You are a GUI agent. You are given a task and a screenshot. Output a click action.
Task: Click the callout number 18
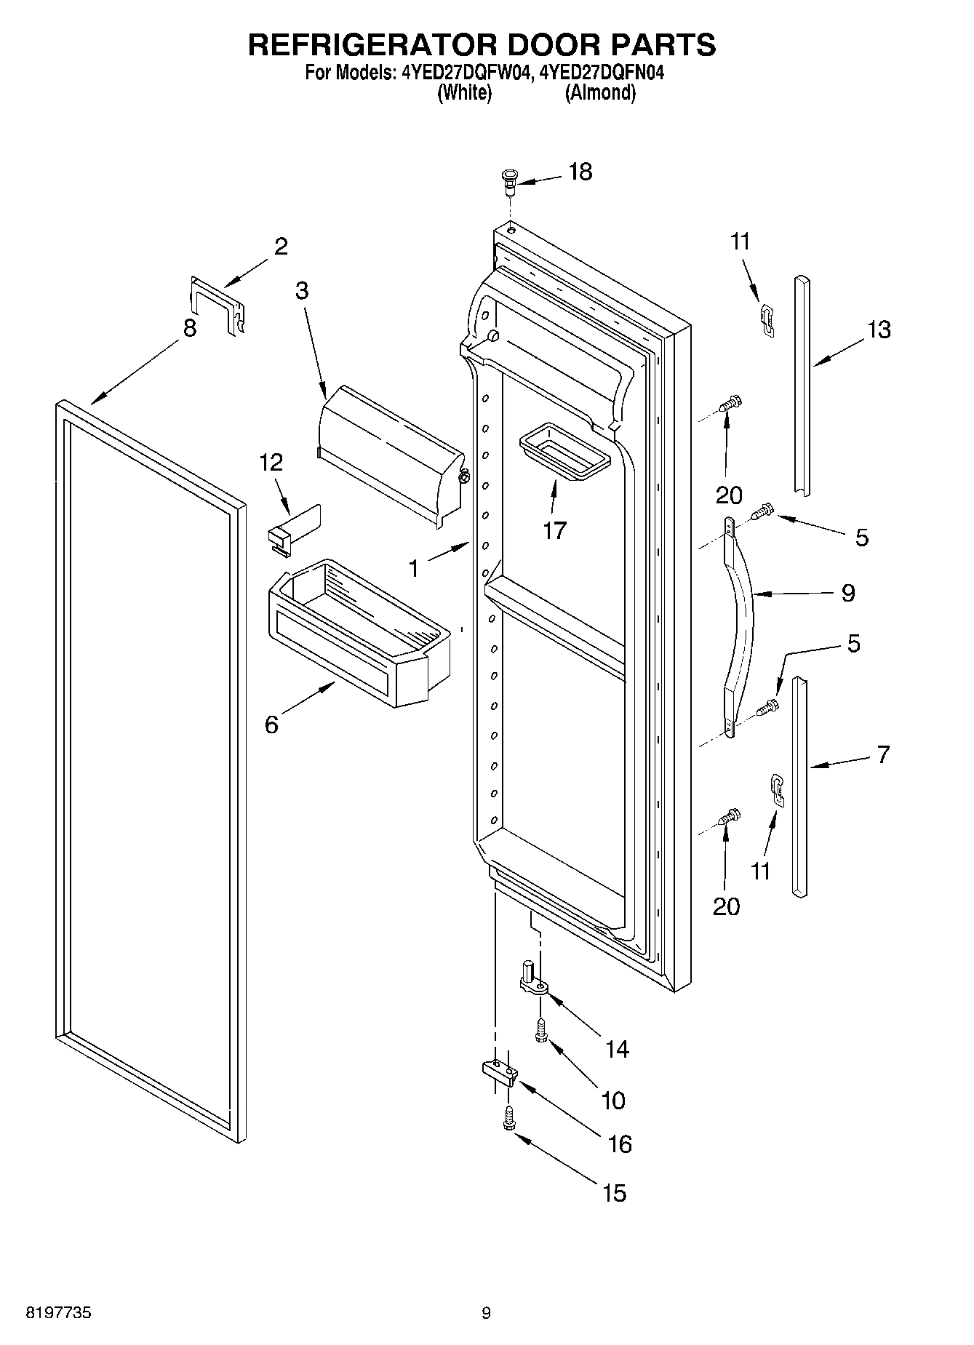580,172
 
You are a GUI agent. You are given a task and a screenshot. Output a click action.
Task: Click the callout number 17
554,530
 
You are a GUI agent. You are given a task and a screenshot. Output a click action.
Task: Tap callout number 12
271,462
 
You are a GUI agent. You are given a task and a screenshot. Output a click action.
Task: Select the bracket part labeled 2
216,305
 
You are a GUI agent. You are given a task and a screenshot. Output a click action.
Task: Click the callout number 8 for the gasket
190,328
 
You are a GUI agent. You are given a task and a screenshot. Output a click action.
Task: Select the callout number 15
615,1193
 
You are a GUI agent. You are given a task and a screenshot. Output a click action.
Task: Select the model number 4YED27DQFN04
603,73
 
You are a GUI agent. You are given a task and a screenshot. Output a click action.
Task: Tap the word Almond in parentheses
600,93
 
